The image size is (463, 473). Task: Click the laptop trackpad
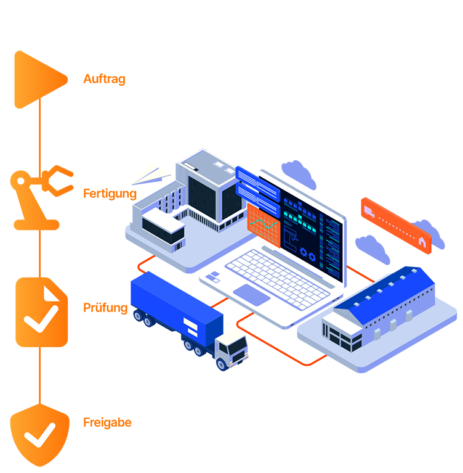tap(254, 294)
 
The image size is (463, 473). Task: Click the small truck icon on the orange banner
tap(369, 212)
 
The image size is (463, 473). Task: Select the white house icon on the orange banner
tap(422, 242)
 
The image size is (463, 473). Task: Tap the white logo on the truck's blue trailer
tap(190, 326)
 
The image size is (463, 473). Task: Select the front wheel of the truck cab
tap(221, 364)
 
